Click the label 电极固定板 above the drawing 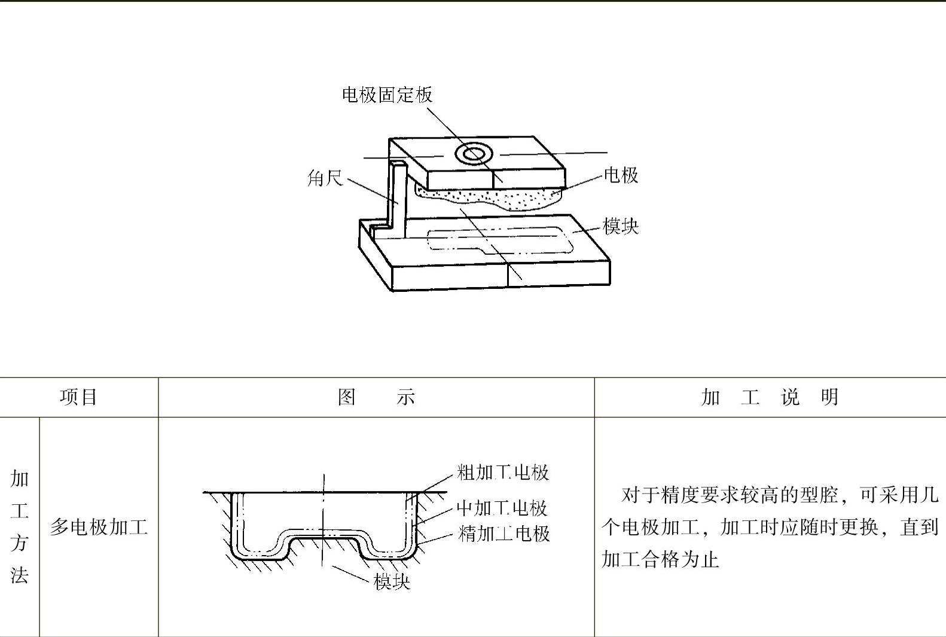pyautogui.click(x=387, y=95)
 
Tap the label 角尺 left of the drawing pyautogui.click(x=325, y=178)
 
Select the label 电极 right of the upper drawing pyautogui.click(x=621, y=175)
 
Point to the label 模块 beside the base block pyautogui.click(x=621, y=227)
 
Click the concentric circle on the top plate pyautogui.click(x=473, y=154)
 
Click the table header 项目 pyautogui.click(x=78, y=397)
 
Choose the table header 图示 pyautogui.click(x=376, y=397)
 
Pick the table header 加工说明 pyautogui.click(x=770, y=397)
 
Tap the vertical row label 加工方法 pyautogui.click(x=20, y=526)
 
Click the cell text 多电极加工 pyautogui.click(x=99, y=527)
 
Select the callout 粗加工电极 pyautogui.click(x=503, y=473)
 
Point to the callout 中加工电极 pyautogui.click(x=502, y=508)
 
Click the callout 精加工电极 pyautogui.click(x=503, y=534)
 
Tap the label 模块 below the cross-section pyautogui.click(x=392, y=581)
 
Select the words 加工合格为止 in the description pyautogui.click(x=660, y=560)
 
